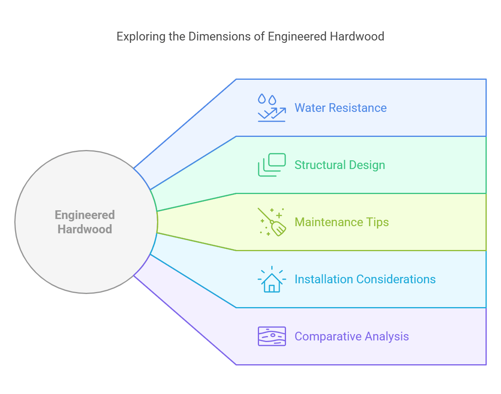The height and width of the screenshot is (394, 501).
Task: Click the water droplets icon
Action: pyautogui.click(x=272, y=108)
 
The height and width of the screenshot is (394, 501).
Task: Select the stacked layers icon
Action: pyautogui.click(x=272, y=165)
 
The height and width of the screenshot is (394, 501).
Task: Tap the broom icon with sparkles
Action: pyautogui.click(x=272, y=222)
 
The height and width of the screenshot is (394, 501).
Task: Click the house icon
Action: pyautogui.click(x=272, y=280)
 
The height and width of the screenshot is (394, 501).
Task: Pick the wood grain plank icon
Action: pyautogui.click(x=272, y=336)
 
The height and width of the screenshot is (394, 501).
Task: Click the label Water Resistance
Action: pyautogui.click(x=340, y=108)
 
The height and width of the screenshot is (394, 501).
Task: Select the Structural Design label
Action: pyautogui.click(x=340, y=165)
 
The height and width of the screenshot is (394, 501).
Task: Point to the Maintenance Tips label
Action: pyautogui.click(x=342, y=222)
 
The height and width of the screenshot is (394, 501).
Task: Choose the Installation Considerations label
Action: pyautogui.click(x=365, y=279)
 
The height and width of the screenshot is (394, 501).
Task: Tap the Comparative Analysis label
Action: pyautogui.click(x=351, y=336)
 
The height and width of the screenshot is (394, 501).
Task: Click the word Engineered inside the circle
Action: pyautogui.click(x=84, y=215)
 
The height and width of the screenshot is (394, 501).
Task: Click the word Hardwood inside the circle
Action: pyautogui.click(x=84, y=229)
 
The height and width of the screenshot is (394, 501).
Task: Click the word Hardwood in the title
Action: pyautogui.click(x=357, y=37)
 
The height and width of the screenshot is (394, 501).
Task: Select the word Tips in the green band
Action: pyautogui.click(x=377, y=222)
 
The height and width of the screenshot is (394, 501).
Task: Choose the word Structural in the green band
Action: pyautogui.click(x=320, y=165)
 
